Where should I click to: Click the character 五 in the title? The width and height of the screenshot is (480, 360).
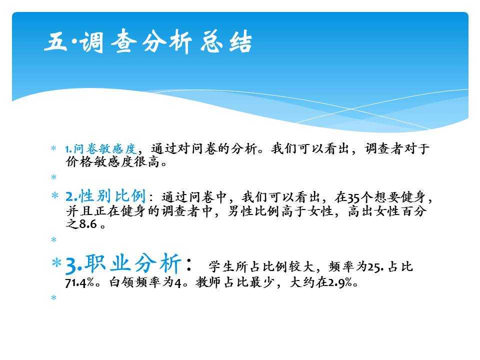[55, 42]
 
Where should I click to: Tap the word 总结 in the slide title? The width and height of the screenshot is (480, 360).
[226, 41]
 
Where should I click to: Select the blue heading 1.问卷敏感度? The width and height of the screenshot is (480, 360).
[100, 149]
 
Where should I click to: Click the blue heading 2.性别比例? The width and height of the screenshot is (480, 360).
[105, 196]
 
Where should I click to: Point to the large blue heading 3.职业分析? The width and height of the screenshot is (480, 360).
[123, 263]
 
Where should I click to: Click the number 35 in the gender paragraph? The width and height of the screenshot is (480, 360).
[353, 198]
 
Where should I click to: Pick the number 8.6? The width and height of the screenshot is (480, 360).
[88, 224]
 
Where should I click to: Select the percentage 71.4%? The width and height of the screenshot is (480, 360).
[79, 282]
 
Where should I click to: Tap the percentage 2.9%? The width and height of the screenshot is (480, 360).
[340, 282]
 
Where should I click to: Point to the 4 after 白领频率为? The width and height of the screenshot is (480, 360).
[178, 282]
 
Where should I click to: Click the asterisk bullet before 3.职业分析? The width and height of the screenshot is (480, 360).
[57, 262]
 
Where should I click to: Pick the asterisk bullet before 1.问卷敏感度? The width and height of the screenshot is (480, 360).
[53, 148]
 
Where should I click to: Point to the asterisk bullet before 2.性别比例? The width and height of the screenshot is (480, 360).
[55, 195]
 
